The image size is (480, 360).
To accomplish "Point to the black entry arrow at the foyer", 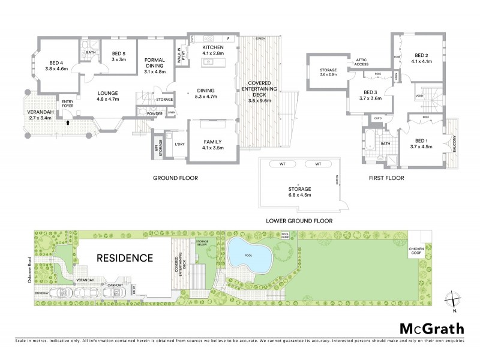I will click(68, 122).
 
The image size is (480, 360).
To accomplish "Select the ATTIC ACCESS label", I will click(362, 62).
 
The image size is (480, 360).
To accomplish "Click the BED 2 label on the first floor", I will click(423, 57).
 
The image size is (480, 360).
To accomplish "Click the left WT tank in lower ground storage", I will click(280, 164).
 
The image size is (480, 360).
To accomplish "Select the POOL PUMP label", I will click(285, 236).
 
